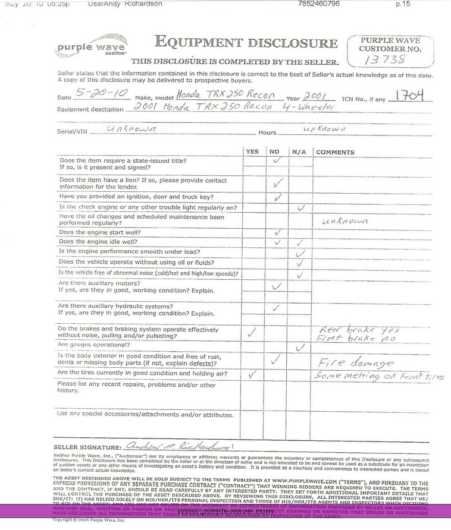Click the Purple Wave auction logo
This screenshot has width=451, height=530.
[83, 48]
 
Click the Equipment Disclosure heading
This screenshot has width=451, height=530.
[246, 42]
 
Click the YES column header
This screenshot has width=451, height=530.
[252, 152]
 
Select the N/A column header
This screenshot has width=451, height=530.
[299, 152]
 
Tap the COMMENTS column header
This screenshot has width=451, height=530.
[335, 152]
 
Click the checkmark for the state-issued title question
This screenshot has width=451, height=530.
[275, 161]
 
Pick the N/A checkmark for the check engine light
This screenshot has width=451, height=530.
[301, 207]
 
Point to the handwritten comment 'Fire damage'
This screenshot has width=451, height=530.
[355, 362]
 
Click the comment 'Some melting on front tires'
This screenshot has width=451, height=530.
[379, 376]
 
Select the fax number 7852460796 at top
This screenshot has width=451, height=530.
[318, 4]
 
